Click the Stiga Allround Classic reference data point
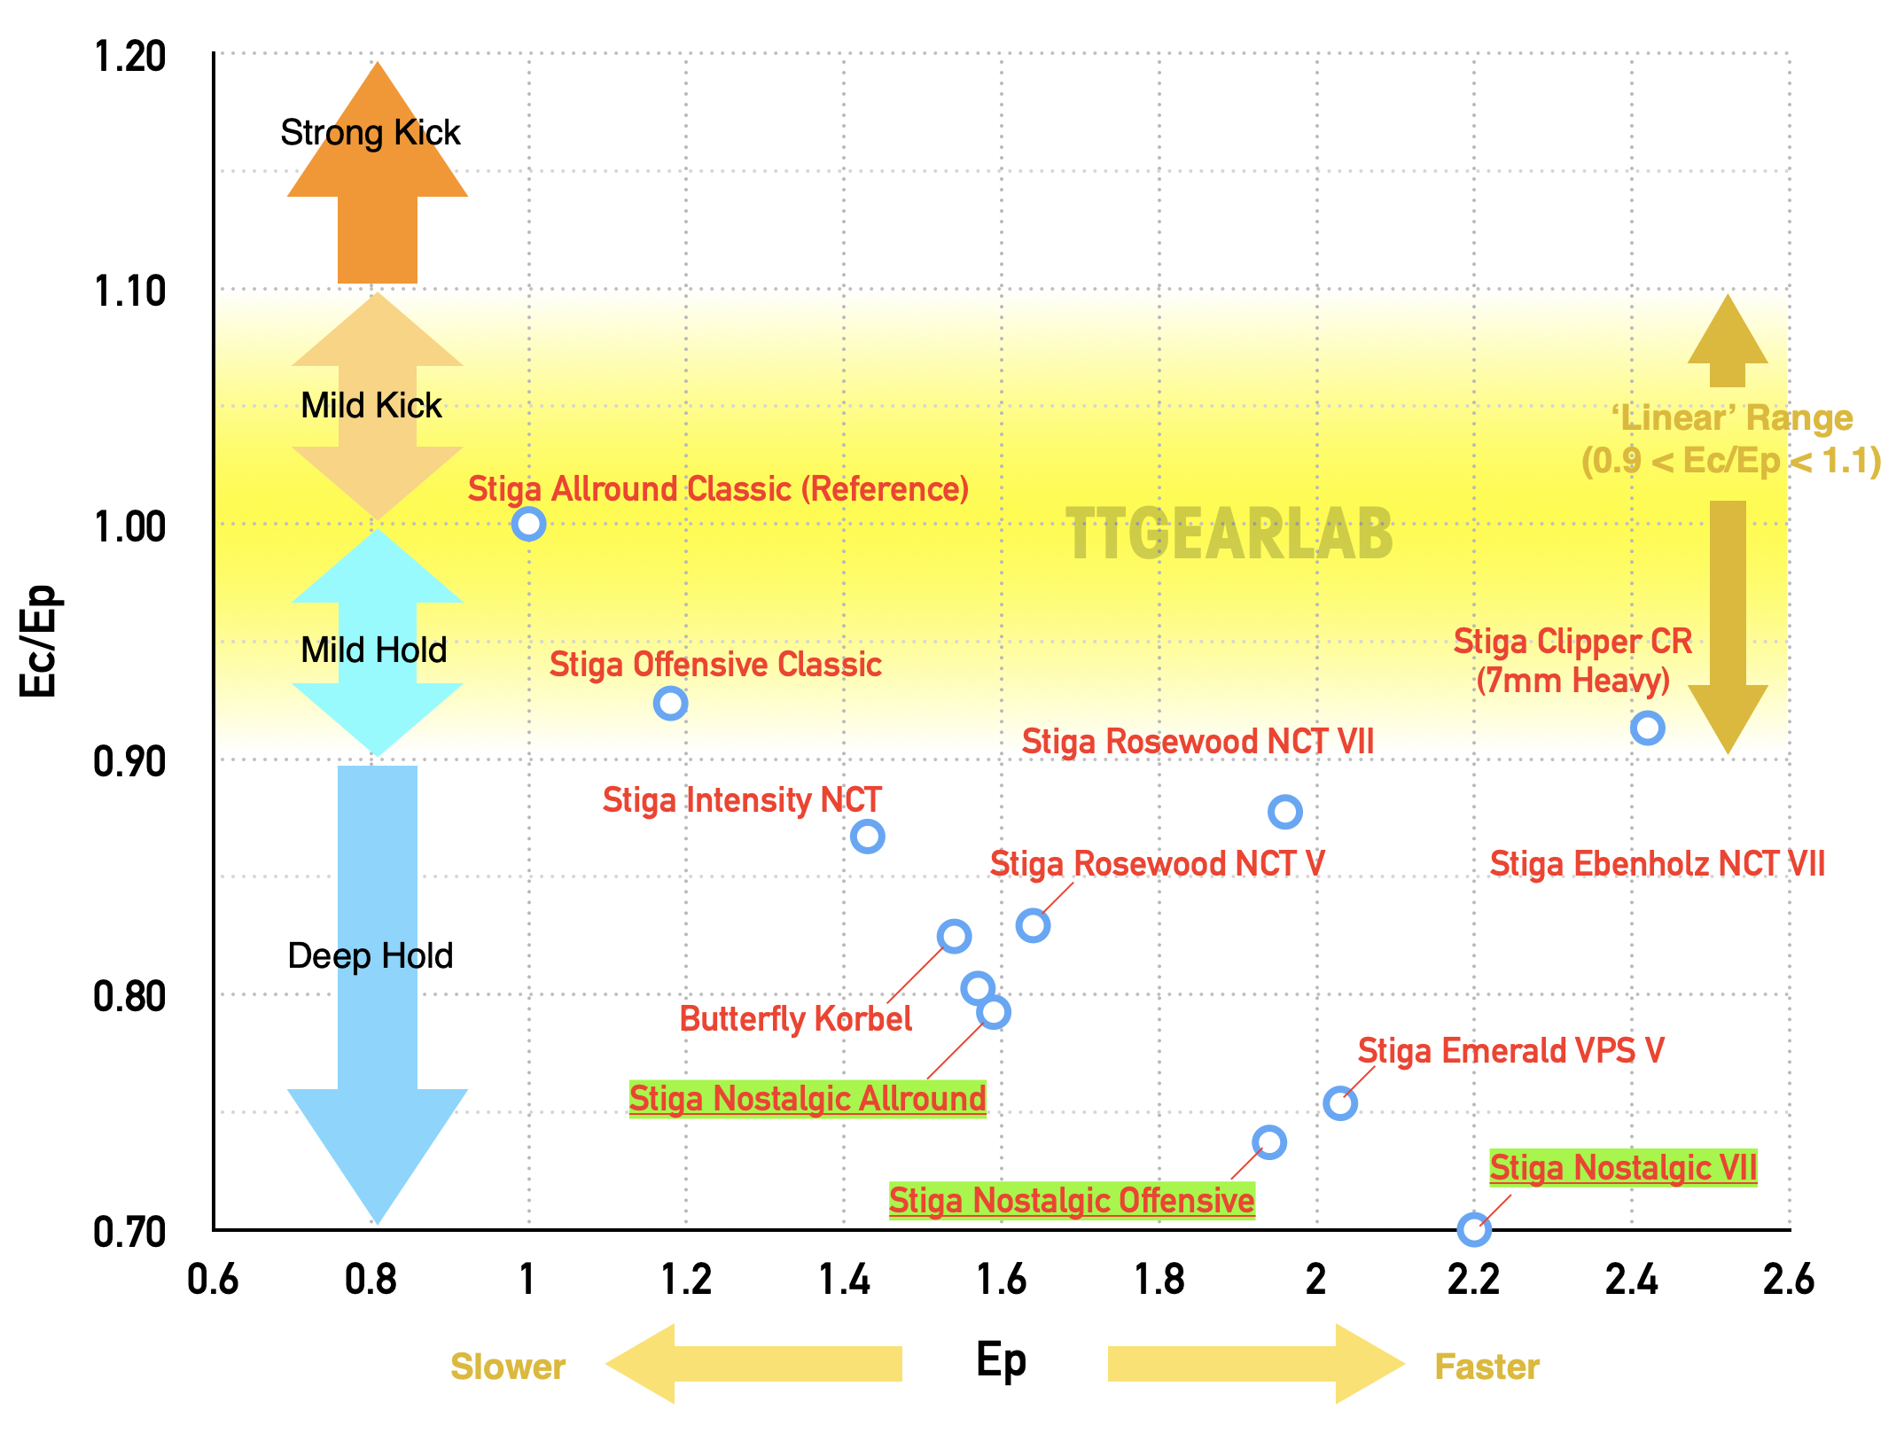click(528, 524)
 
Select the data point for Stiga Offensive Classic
click(670, 704)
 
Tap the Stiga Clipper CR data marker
click(1647, 728)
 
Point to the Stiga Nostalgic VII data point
click(1474, 1229)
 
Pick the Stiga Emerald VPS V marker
click(1339, 1103)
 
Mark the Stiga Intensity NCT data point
click(867, 837)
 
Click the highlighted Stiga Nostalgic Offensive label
click(1072, 1201)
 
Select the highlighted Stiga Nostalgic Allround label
click(808, 1099)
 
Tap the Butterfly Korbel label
click(795, 1019)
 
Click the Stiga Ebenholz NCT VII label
click(1657, 864)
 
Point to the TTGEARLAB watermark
click(1229, 535)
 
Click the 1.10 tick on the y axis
click(129, 292)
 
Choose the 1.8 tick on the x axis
click(1159, 1280)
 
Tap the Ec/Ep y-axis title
click(38, 641)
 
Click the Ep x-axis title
click(1001, 1359)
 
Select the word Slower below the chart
click(508, 1367)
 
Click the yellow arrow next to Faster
click(1254, 1364)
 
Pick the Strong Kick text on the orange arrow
click(371, 133)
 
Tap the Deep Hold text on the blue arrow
click(371, 956)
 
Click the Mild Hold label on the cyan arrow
click(373, 650)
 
